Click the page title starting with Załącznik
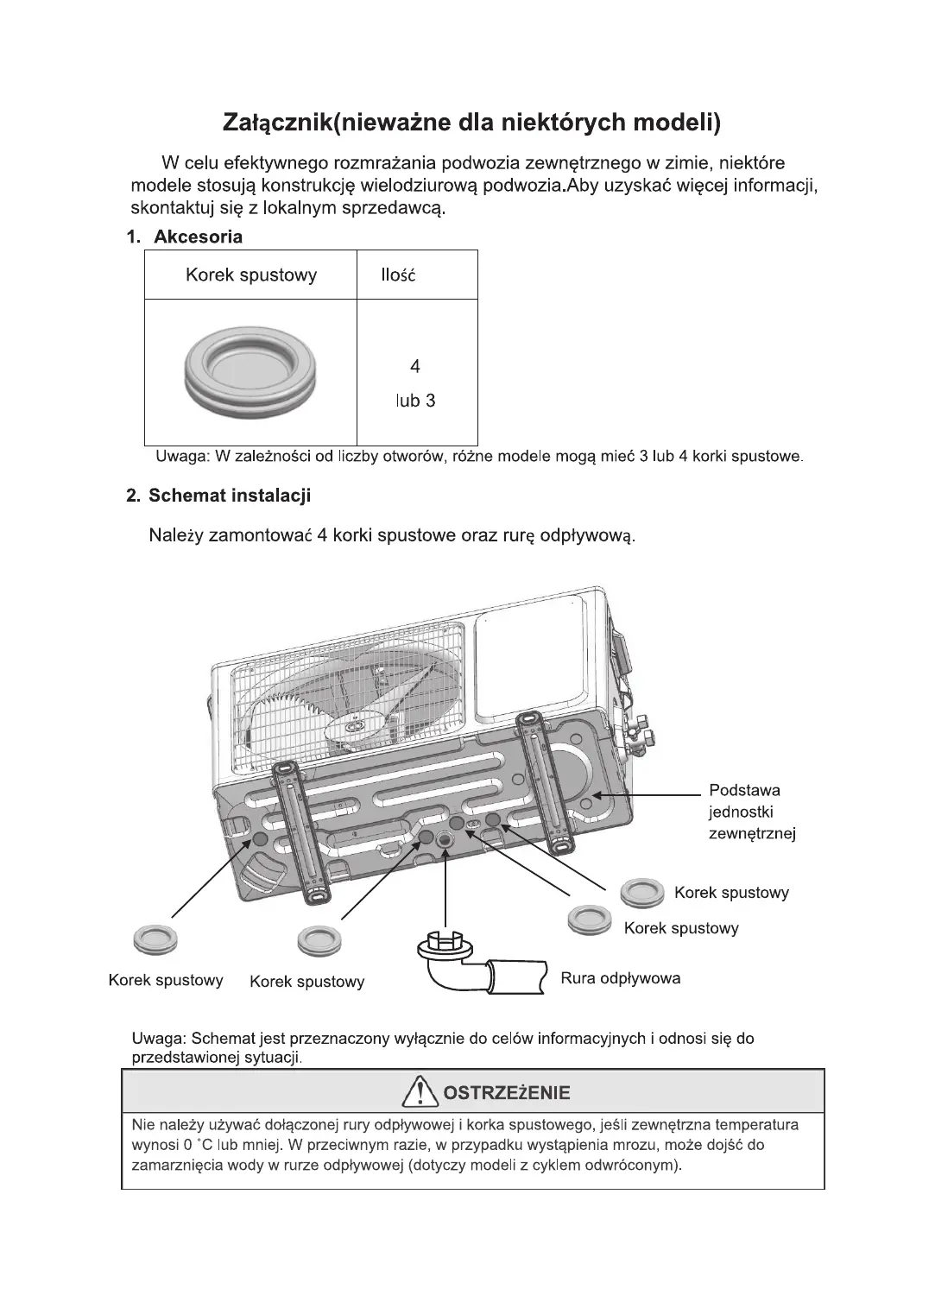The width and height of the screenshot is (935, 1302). (471, 123)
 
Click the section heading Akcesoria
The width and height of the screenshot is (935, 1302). (198, 237)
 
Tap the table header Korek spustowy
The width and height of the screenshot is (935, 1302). (250, 275)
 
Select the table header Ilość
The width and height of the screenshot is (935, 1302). (398, 275)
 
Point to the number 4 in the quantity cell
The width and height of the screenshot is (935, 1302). (415, 367)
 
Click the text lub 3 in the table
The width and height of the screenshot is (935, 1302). (415, 401)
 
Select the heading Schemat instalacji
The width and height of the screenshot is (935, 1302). (229, 496)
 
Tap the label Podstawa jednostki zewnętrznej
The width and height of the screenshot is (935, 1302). (751, 812)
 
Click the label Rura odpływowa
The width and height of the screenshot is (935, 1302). (620, 978)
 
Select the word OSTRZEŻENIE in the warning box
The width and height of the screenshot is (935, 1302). (506, 1093)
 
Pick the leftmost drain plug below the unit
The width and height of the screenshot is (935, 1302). (155, 939)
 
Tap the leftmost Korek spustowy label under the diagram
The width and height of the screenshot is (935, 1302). (166, 980)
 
